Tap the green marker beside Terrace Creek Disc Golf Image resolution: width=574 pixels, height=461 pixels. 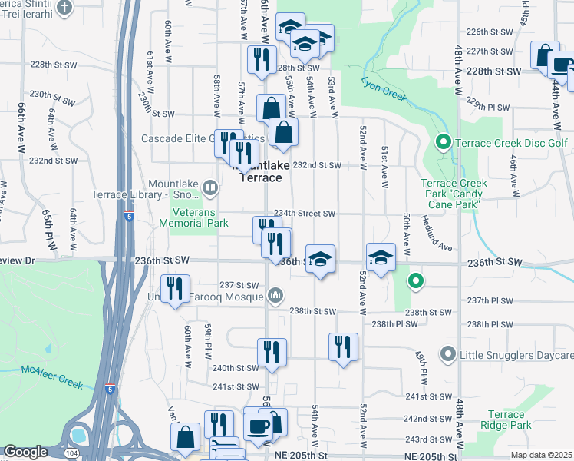[x=443, y=142]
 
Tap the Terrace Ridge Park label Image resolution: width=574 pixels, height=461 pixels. [x=506, y=420]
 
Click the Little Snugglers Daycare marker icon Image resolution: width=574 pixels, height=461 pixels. [x=447, y=354]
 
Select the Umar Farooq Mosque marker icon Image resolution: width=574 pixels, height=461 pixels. [x=276, y=296]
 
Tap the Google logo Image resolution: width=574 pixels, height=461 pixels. [x=25, y=453]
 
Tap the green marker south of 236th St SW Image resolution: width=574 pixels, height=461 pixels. [x=415, y=281]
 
